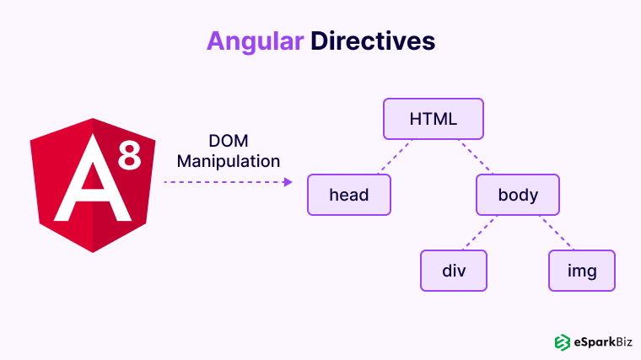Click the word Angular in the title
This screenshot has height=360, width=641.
255,40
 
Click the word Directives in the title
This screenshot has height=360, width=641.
372,40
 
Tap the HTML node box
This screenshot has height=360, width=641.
434,119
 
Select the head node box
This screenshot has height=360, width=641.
349,195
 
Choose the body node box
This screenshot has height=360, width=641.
518,195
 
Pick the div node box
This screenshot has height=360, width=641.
454,271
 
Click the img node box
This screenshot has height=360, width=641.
582,271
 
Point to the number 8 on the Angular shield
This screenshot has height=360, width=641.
129,155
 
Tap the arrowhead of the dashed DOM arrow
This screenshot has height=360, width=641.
288,181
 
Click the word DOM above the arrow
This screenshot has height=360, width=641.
228,141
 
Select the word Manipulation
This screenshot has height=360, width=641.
228,159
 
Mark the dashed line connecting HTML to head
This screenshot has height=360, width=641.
391,157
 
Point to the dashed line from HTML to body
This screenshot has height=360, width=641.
476,157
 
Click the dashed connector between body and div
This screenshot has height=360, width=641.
477,233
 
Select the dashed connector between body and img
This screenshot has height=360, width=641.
557,233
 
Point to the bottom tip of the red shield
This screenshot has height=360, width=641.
93,251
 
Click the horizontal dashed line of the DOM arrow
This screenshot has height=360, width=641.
224,181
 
